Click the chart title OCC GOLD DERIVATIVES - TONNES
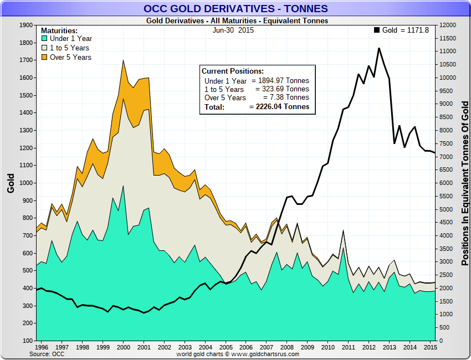[x=235, y=8]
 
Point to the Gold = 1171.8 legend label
[x=406, y=30]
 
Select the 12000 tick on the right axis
[x=448, y=25]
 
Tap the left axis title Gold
[x=11, y=183]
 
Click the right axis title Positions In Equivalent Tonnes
[x=465, y=183]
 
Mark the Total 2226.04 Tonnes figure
[x=279, y=107]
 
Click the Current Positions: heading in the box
[x=233, y=71]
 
